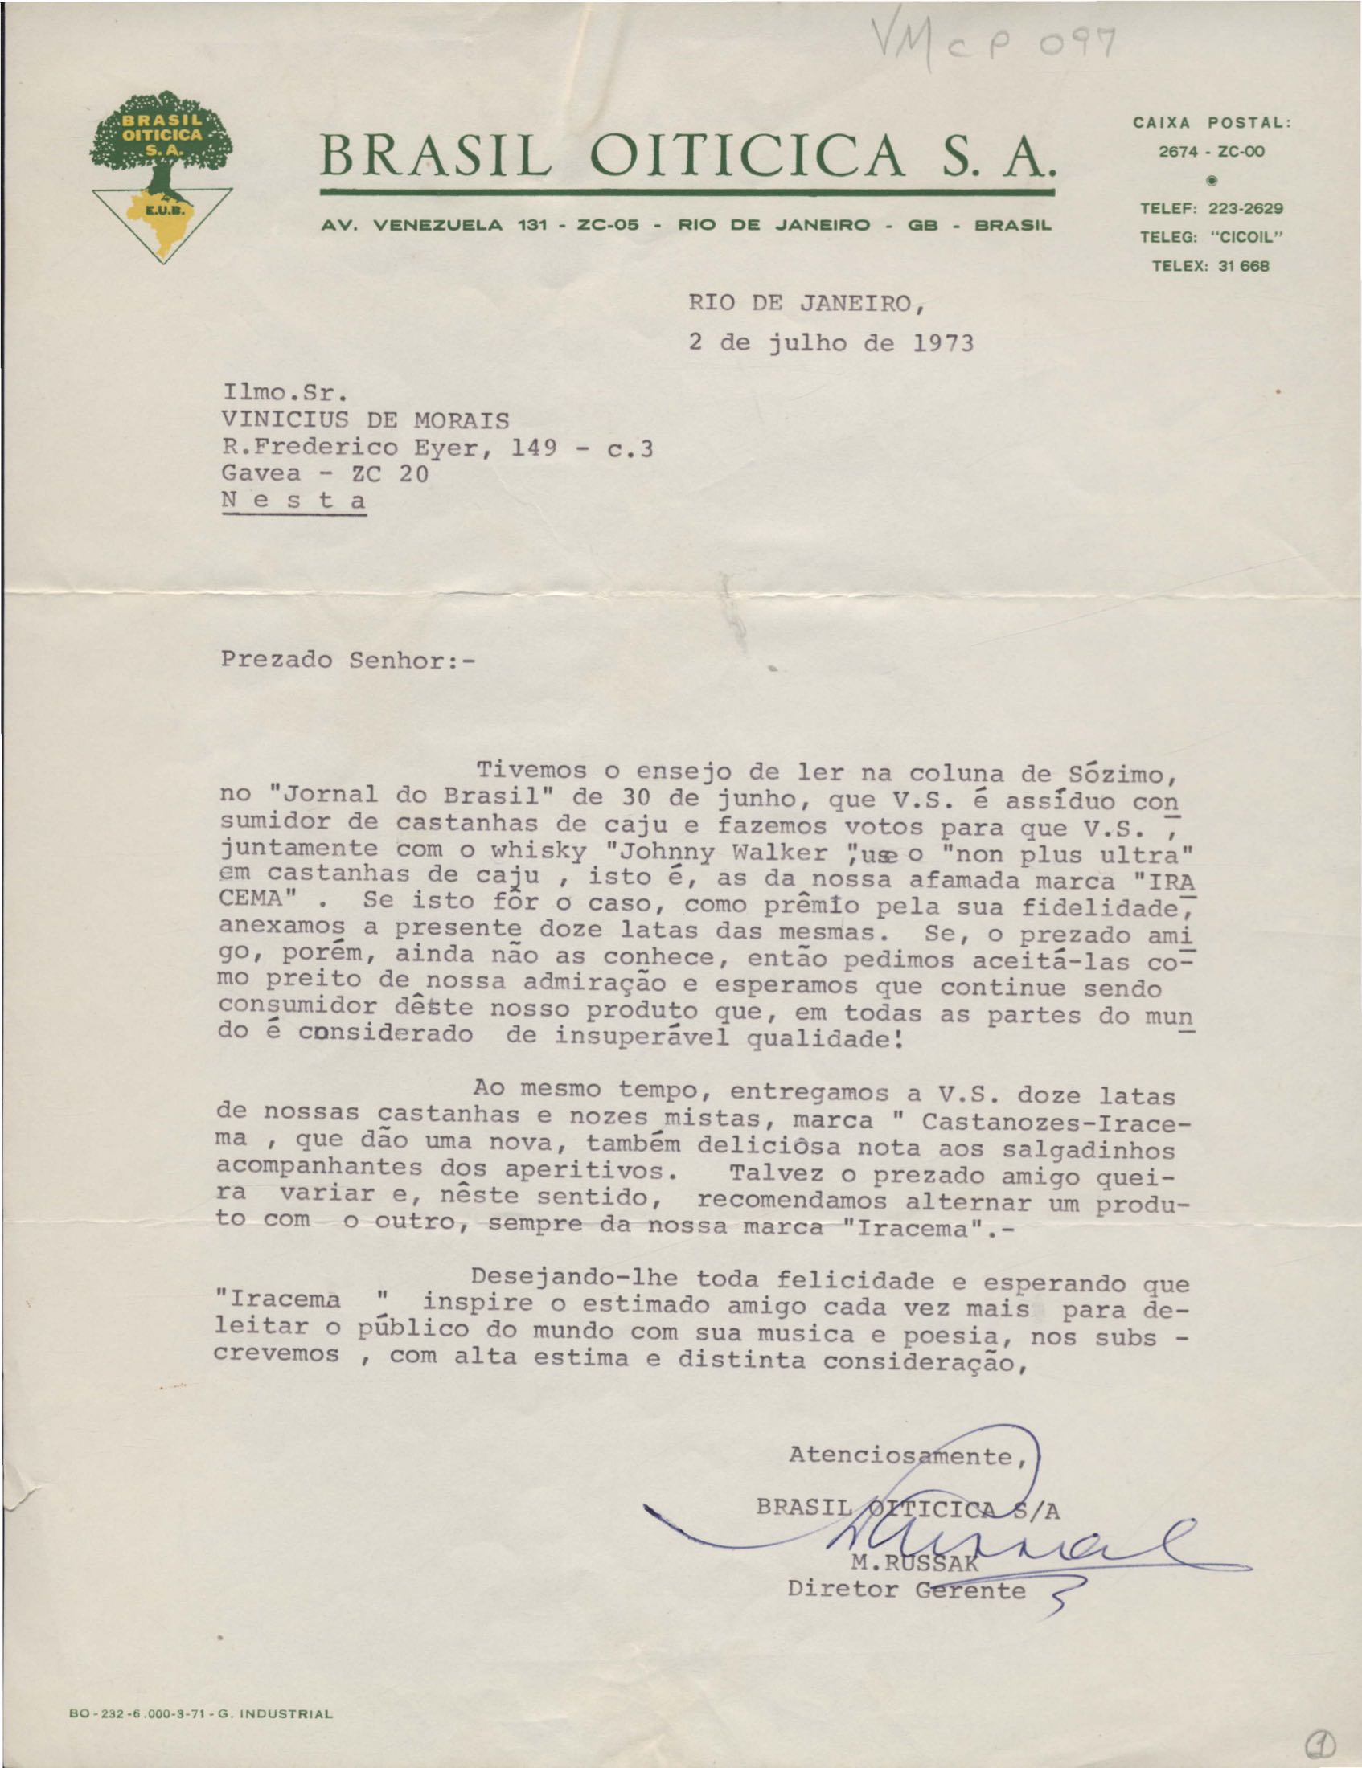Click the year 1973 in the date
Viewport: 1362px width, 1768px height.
[x=942, y=343]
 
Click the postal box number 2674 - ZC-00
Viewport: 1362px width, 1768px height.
[x=1212, y=151]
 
